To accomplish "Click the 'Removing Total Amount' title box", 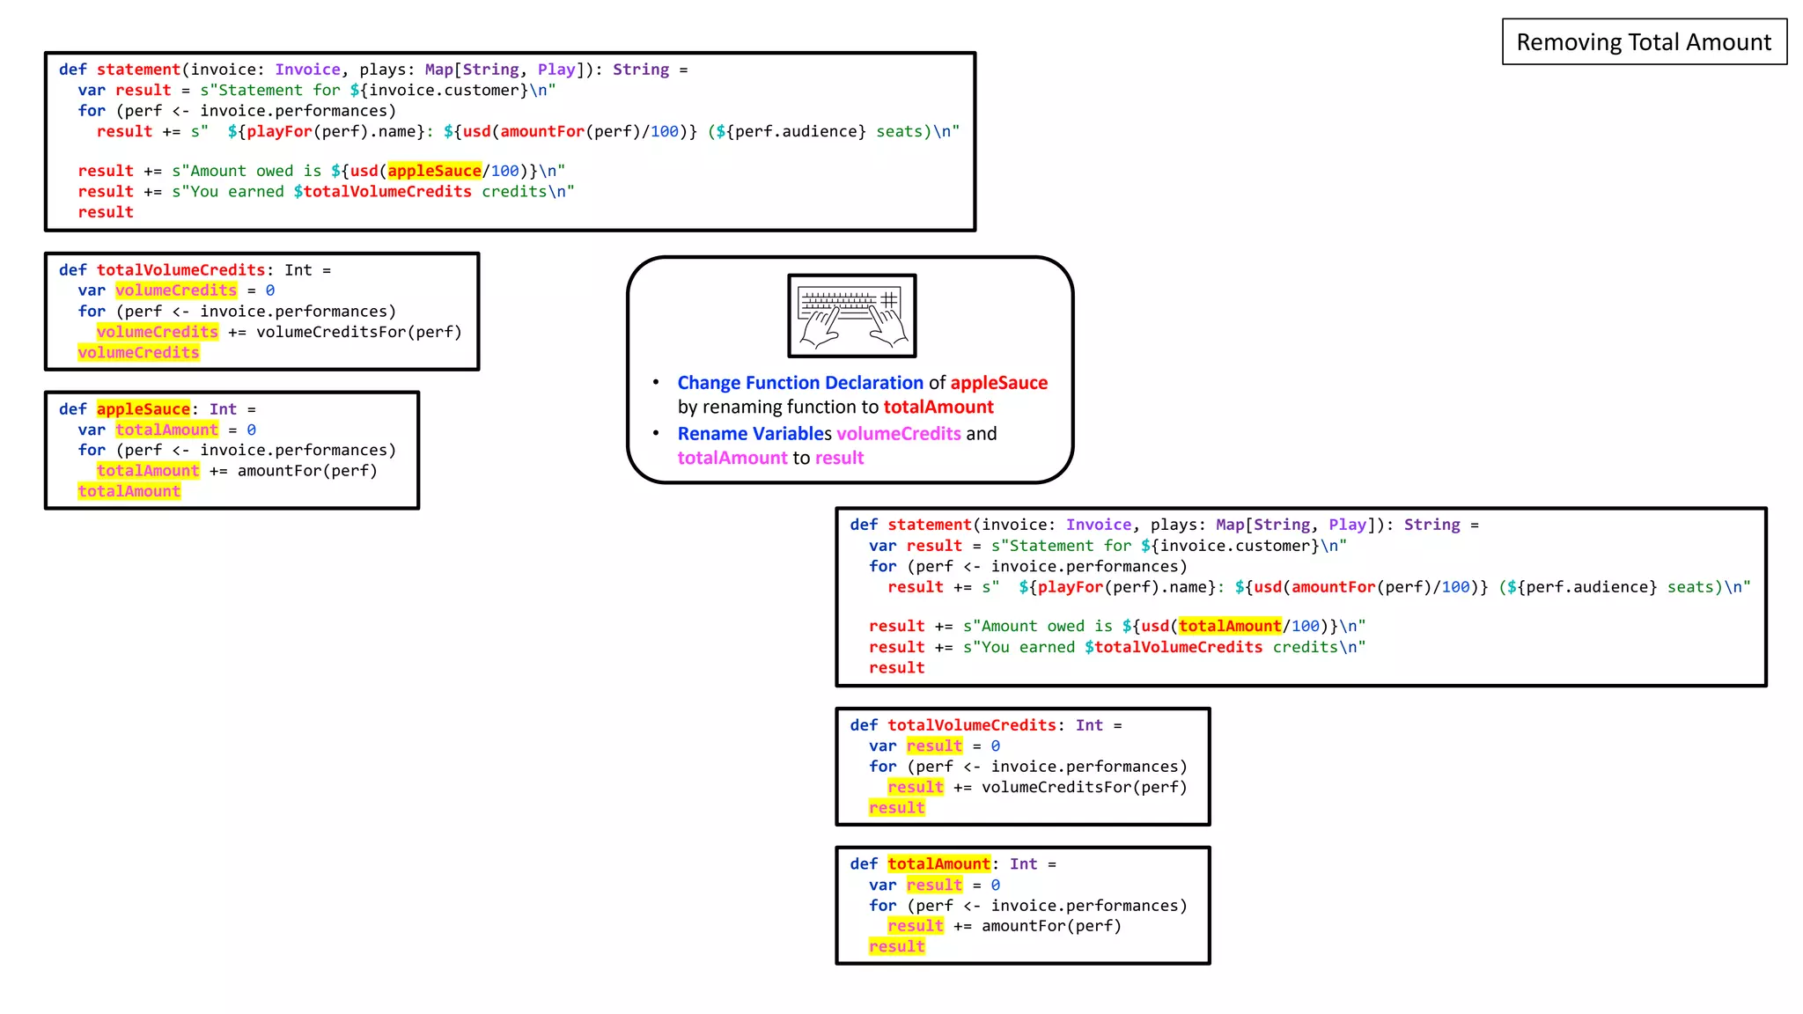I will tap(1644, 41).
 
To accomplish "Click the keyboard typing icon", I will tap(851, 316).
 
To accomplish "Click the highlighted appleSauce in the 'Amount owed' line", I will tap(434, 171).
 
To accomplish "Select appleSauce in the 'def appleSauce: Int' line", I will tap(143, 409).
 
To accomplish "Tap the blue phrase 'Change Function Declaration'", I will tap(799, 383).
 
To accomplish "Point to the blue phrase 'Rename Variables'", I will tap(754, 434).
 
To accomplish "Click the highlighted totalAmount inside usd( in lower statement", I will tap(1229, 626).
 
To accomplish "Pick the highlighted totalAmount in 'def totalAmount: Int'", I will tap(938, 864).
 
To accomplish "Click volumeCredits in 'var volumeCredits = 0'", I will tap(176, 290).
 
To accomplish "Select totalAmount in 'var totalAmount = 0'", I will tap(166, 430).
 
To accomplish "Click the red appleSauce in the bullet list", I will tap(998, 383).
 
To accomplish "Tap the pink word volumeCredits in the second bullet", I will tap(898, 434).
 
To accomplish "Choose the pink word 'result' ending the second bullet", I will tap(839, 458).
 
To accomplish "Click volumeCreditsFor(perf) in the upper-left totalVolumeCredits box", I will tap(358, 332).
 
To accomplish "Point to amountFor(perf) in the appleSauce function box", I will tap(307, 471).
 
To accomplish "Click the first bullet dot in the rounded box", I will tap(656, 382).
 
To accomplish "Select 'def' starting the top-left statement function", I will tap(72, 70).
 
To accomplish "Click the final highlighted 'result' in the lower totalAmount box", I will tap(896, 947).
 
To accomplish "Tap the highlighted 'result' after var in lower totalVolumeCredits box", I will tap(934, 746).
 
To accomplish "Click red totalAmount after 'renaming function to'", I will tap(938, 407).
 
